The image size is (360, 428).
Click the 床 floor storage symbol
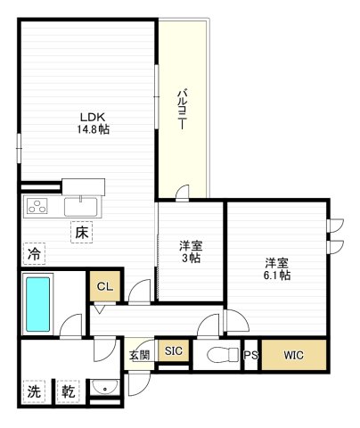pos(81,232)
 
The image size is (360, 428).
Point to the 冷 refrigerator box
pos(33,254)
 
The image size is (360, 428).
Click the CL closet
pos(104,286)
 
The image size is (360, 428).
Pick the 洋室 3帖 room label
pos(190,251)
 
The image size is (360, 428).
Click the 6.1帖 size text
pos(276,276)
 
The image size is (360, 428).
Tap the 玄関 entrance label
pos(140,355)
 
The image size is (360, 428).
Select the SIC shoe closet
pos(173,351)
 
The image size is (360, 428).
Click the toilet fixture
pos(219,355)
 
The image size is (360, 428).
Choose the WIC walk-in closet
pos(293,355)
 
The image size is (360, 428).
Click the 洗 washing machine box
pos(33,391)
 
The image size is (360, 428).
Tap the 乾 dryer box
pos(68,391)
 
